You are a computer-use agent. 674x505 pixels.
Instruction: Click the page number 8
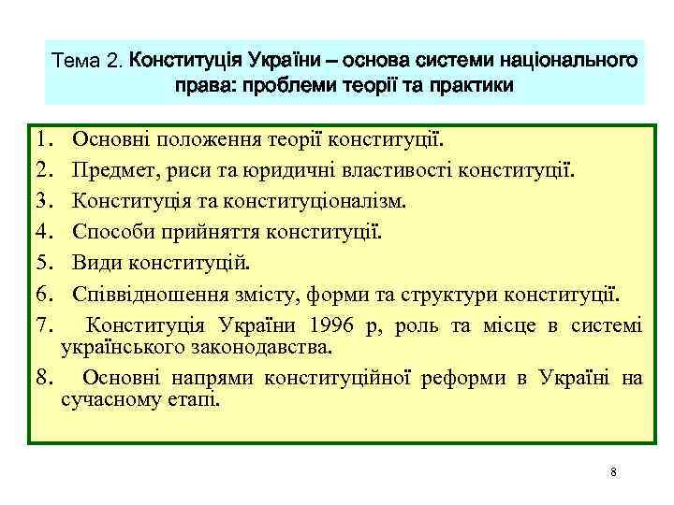coord(612,471)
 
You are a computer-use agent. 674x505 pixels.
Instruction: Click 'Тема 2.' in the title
coord(89,63)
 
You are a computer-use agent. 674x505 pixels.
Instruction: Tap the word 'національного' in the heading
coord(564,62)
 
